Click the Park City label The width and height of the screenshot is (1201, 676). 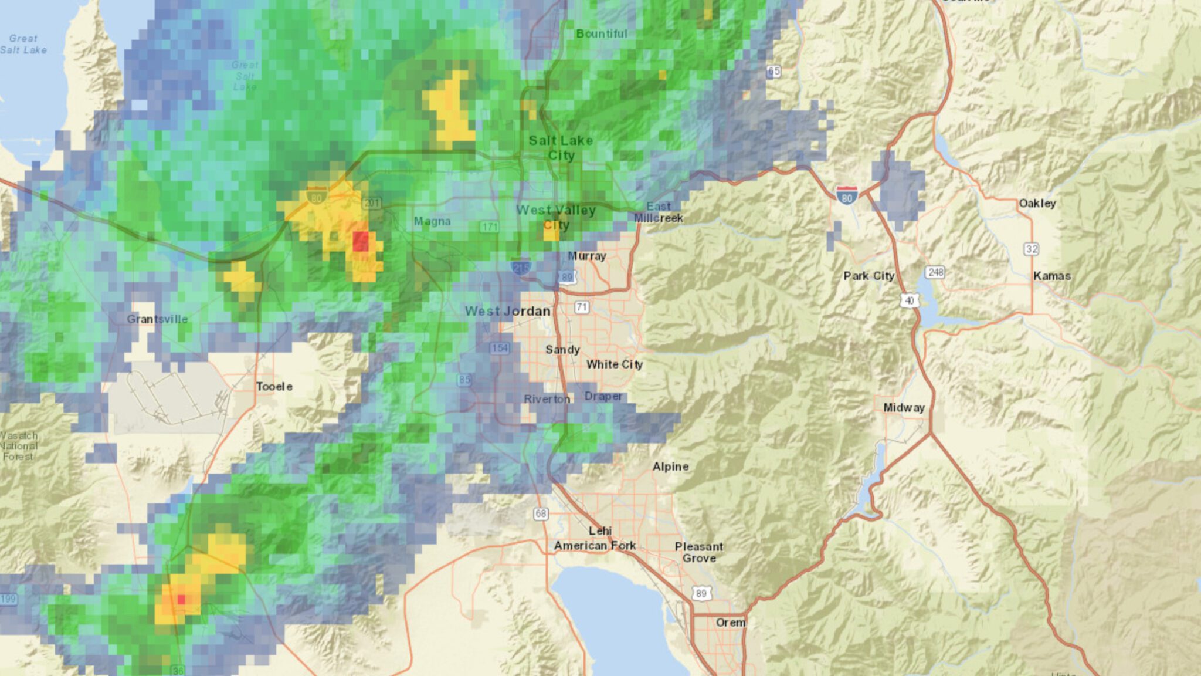[x=868, y=276]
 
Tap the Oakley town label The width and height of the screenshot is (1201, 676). [x=1037, y=203]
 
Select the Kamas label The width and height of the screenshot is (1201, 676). [x=1051, y=276]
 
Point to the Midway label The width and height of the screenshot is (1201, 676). [x=904, y=407]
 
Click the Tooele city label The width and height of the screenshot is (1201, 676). [x=274, y=387]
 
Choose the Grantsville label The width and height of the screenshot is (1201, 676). [x=157, y=319]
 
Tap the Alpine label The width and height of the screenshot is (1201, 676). [x=670, y=467]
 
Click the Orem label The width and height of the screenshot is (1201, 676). [x=730, y=622]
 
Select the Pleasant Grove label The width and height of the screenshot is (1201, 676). [x=698, y=552]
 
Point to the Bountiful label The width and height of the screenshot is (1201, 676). [x=601, y=34]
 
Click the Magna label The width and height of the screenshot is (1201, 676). [x=432, y=221]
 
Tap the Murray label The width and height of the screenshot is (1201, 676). [x=586, y=256]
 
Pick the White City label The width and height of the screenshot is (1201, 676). [x=615, y=364]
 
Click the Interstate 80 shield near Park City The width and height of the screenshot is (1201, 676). [x=846, y=195]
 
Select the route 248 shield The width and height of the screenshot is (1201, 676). [x=935, y=272]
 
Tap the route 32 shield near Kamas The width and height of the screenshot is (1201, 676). [x=1032, y=249]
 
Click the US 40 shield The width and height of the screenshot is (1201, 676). [x=909, y=300]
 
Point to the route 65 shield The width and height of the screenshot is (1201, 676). [x=773, y=72]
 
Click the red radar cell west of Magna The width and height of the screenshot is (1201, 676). [x=361, y=241]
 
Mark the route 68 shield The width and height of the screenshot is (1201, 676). [x=540, y=513]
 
